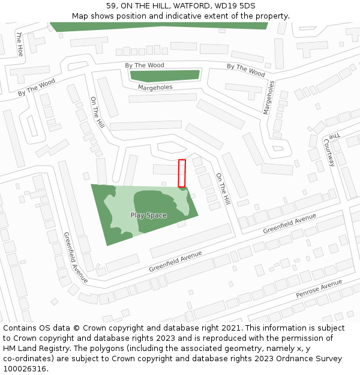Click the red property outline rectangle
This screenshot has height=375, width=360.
click(x=182, y=173)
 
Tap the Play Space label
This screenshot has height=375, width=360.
click(x=148, y=215)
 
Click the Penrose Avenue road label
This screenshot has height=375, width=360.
click(x=319, y=289)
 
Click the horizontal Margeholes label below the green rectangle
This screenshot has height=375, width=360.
click(x=155, y=88)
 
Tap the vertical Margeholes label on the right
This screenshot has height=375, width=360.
click(x=268, y=97)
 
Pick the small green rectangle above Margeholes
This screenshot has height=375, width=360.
click(x=164, y=76)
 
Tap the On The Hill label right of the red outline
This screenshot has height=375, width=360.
click(x=223, y=188)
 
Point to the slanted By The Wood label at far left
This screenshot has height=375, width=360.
click(x=36, y=88)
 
